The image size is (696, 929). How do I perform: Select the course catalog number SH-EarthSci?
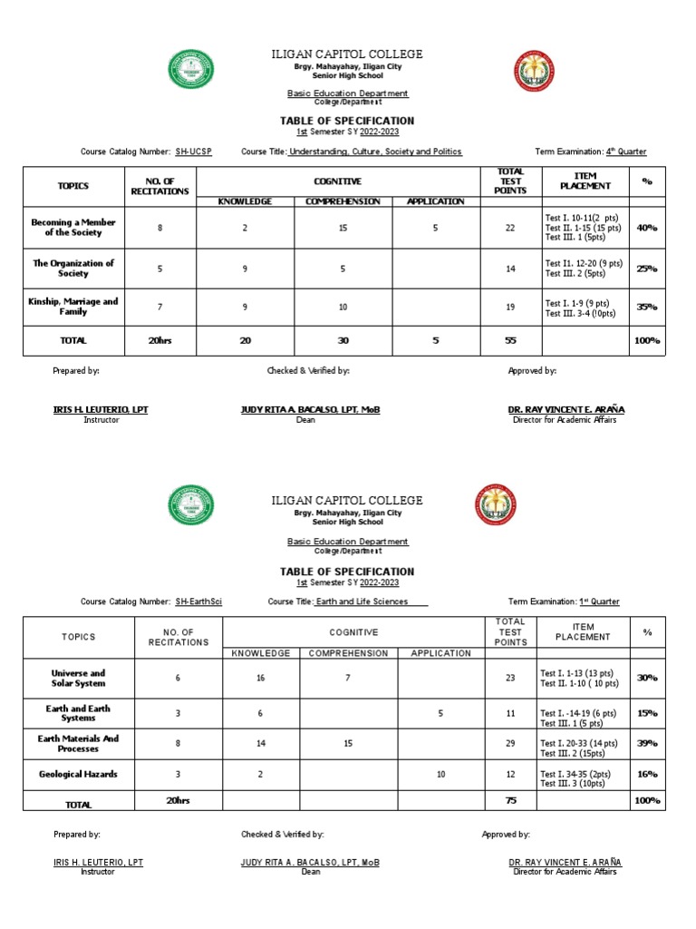(x=198, y=601)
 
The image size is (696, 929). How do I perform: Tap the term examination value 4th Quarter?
(x=626, y=152)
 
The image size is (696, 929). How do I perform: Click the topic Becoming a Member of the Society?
(x=73, y=227)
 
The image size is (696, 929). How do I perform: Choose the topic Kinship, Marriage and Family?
(x=73, y=307)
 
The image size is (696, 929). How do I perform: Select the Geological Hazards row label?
(x=78, y=774)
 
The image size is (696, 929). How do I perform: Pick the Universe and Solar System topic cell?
(x=78, y=678)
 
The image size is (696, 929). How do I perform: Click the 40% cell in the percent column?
(x=647, y=227)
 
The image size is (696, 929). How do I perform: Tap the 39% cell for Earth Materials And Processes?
(x=647, y=743)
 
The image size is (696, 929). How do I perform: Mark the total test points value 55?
(x=510, y=340)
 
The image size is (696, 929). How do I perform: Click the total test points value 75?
(x=510, y=800)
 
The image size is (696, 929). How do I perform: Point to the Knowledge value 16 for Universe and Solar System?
(x=260, y=678)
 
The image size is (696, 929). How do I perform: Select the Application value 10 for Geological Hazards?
(x=440, y=774)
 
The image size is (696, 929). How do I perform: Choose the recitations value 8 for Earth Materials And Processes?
(x=178, y=743)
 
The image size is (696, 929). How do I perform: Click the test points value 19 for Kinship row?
(x=510, y=308)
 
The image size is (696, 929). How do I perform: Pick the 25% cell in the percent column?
(x=647, y=268)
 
